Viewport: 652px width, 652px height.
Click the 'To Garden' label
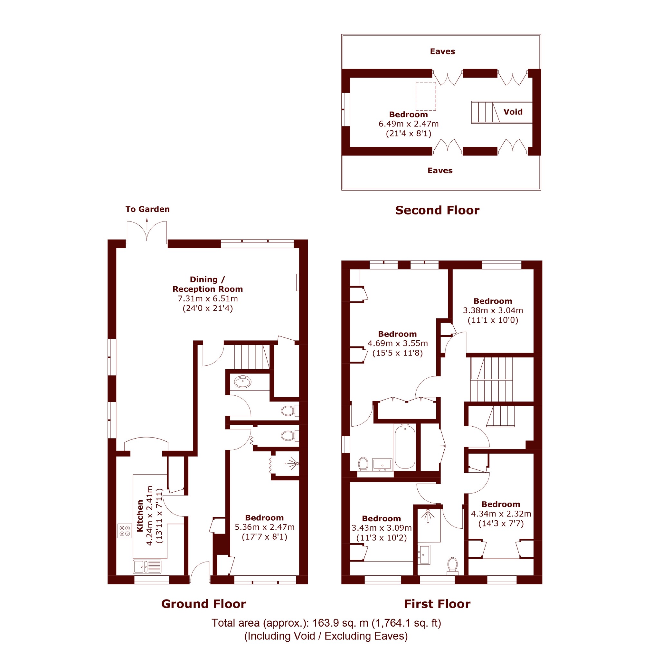click(x=147, y=209)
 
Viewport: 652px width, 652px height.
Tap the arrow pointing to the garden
click(x=147, y=224)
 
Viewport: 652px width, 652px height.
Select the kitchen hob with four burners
click(x=125, y=531)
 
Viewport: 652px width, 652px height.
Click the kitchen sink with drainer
click(x=147, y=567)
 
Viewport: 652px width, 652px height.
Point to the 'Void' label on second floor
click(x=513, y=112)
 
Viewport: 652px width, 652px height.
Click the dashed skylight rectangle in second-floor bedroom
click(x=426, y=96)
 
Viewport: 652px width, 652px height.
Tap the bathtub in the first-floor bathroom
click(x=405, y=447)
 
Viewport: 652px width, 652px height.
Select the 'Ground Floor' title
click(x=203, y=604)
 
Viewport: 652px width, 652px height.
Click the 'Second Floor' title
click(x=437, y=210)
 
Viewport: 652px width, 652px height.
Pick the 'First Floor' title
click(x=437, y=604)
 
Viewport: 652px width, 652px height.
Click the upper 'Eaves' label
click(x=442, y=51)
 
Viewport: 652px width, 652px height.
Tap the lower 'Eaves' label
click(x=440, y=170)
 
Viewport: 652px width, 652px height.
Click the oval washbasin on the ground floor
click(x=243, y=382)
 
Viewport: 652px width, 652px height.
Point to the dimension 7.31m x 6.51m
click(x=208, y=299)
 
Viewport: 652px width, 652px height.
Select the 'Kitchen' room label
click(x=140, y=516)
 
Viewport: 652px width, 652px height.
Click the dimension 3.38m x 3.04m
click(x=493, y=310)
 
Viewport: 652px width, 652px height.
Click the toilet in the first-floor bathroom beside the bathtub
click(x=363, y=464)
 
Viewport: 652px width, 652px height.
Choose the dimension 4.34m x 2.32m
click(x=501, y=514)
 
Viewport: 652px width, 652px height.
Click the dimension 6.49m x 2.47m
click(x=408, y=124)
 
